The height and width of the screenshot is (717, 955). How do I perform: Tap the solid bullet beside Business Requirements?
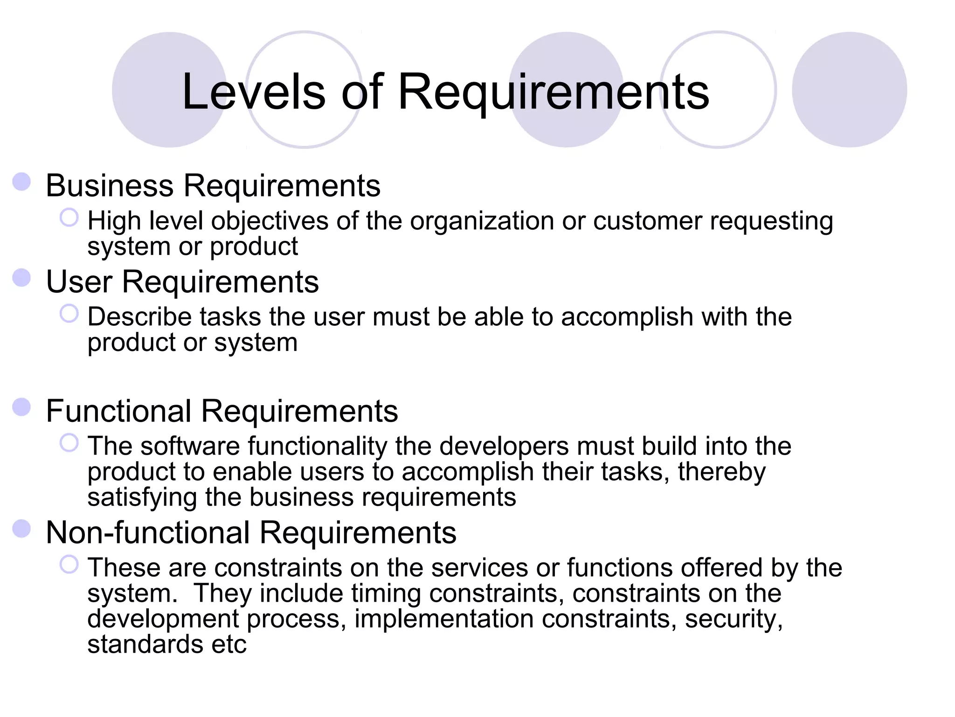point(21,182)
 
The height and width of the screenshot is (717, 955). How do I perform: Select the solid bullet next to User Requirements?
point(21,278)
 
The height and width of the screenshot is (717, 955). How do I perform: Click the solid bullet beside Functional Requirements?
point(21,407)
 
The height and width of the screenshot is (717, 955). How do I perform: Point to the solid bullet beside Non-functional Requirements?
point(21,529)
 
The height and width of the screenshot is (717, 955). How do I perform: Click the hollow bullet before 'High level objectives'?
point(69,218)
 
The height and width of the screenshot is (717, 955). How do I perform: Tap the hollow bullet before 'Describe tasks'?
point(69,314)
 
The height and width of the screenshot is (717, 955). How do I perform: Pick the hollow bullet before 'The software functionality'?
point(69,443)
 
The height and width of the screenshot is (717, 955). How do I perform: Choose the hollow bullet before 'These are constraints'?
point(69,565)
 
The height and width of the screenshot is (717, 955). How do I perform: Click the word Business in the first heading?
point(110,186)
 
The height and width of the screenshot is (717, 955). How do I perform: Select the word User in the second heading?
point(79,282)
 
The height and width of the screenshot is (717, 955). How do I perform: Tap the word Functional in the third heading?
point(118,411)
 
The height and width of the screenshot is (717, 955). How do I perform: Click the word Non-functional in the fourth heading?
point(148,533)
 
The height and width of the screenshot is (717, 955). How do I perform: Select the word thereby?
point(721,472)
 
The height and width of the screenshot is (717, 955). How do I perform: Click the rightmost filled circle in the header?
point(849,90)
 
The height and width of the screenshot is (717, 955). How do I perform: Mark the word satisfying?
point(142,498)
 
